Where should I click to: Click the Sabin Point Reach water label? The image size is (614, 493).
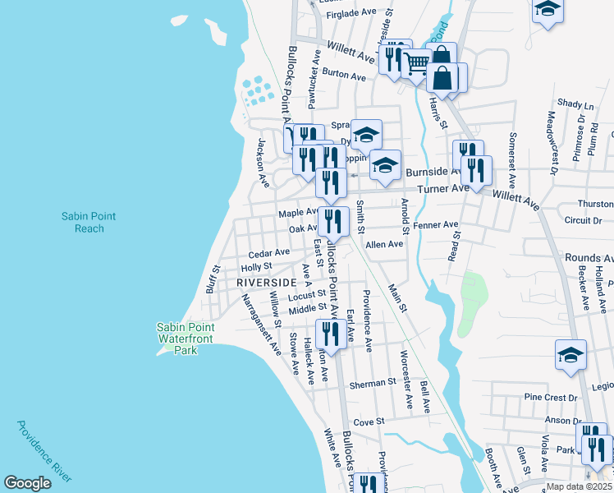pyautogui.click(x=89, y=222)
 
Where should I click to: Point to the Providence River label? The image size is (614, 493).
pyautogui.click(x=44, y=451)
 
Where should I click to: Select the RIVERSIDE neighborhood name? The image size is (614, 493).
pyautogui.click(x=265, y=282)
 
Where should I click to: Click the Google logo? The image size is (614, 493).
pyautogui.click(x=27, y=483)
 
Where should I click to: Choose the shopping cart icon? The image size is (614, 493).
pyautogui.click(x=417, y=62)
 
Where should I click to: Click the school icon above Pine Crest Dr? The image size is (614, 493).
pyautogui.click(x=571, y=354)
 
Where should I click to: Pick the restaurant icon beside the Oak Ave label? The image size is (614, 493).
pyautogui.click(x=333, y=221)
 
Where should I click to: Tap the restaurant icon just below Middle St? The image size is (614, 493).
pyautogui.click(x=330, y=333)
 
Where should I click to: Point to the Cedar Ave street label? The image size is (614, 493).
pyautogui.click(x=269, y=253)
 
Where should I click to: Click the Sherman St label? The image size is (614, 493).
pyautogui.click(x=373, y=384)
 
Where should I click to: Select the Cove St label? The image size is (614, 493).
pyautogui.click(x=369, y=422)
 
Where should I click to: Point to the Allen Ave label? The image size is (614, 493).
pyautogui.click(x=384, y=244)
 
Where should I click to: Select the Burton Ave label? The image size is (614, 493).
pyautogui.click(x=344, y=75)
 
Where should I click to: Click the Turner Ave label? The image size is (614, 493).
pyautogui.click(x=442, y=188)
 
